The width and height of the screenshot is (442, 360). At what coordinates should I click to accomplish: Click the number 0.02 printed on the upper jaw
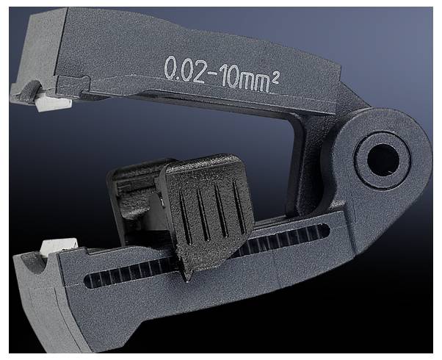point(184,71)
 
